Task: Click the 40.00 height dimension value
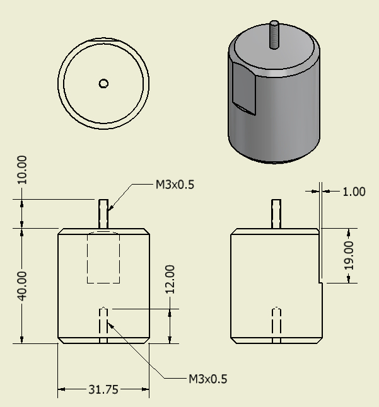[23, 286]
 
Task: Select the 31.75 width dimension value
[103, 390]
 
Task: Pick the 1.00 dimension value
[354, 192]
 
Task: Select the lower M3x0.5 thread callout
[208, 379]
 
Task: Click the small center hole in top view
[104, 83]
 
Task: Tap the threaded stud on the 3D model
[275, 35]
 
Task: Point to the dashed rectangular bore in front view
[103, 257]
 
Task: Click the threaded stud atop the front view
[103, 214]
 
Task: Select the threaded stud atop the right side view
[275, 214]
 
